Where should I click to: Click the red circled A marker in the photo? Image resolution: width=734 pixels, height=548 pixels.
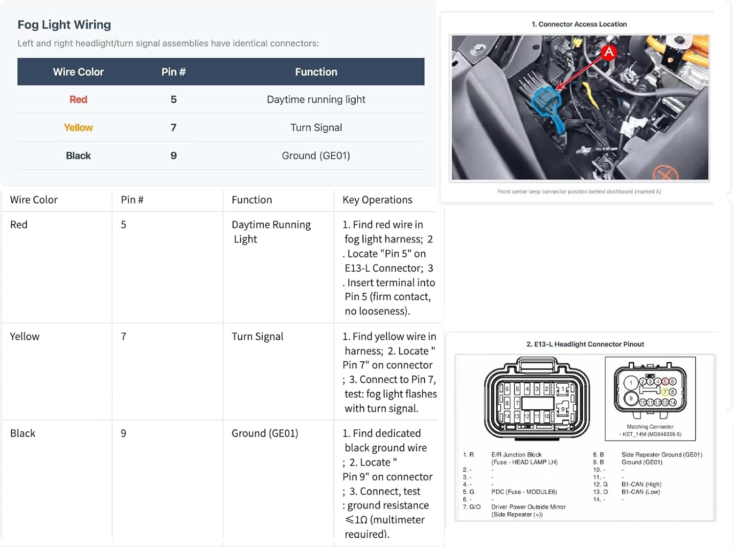point(609,52)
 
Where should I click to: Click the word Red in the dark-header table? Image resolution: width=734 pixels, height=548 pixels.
point(78,100)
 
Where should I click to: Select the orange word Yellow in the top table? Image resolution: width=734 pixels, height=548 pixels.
point(78,128)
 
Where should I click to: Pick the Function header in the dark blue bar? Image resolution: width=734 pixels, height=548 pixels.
point(316,72)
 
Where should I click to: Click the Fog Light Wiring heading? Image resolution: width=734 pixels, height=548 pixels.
point(64,25)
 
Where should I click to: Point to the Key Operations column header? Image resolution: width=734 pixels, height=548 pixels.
point(377,200)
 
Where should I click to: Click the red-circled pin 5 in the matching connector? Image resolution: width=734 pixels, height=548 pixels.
point(665,381)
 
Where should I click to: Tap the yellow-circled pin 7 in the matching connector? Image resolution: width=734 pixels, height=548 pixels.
point(665,392)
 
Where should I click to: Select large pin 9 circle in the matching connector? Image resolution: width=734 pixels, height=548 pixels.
point(631,398)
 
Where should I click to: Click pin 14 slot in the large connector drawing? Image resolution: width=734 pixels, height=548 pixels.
point(507,416)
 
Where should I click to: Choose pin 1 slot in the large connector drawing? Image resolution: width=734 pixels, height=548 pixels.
point(563,389)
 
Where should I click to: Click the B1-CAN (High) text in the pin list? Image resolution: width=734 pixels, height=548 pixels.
point(641,484)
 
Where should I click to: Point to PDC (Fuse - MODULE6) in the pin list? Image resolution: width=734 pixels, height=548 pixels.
point(524,492)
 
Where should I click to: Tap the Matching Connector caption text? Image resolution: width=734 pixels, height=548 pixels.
point(650,427)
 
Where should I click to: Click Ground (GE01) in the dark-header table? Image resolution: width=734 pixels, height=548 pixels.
point(316,155)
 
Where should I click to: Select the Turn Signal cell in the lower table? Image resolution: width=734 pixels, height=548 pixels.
point(257,336)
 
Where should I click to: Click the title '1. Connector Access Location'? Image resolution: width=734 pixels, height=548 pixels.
point(579,24)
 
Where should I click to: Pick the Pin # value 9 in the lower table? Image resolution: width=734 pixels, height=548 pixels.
point(123,434)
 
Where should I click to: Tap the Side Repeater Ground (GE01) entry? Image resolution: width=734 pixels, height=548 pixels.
point(662,455)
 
